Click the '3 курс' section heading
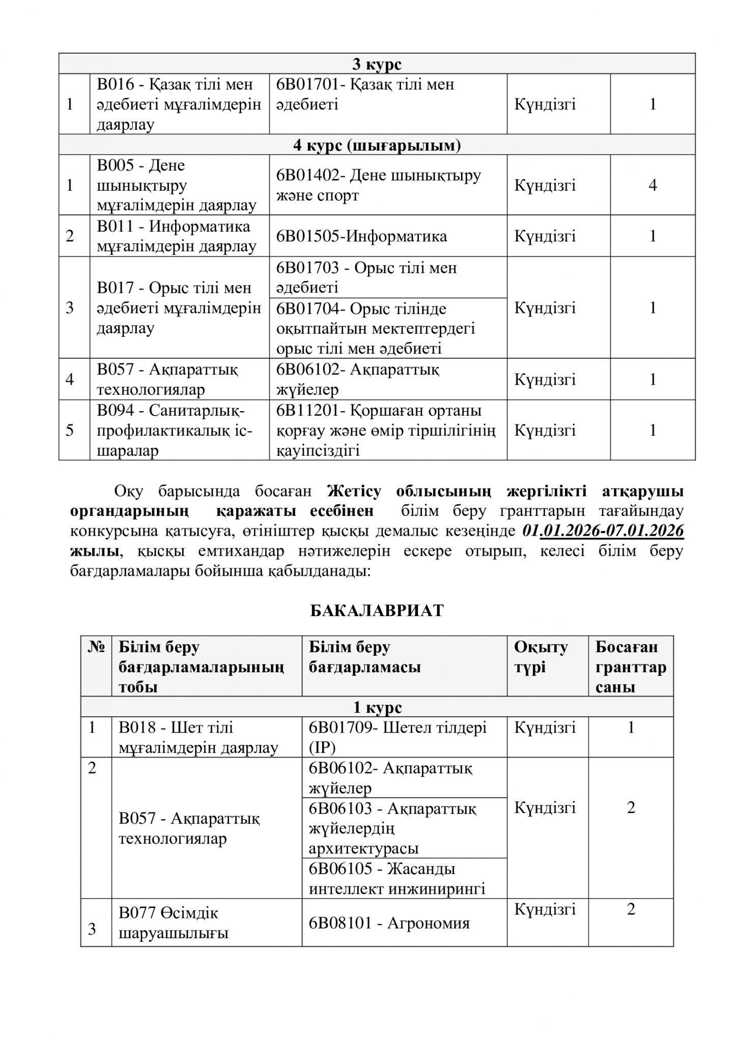(377, 64)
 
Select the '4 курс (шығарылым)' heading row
(377, 146)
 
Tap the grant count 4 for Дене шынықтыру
(653, 185)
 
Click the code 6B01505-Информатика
(361, 236)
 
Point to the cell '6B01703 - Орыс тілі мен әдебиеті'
(366, 277)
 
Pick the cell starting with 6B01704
(376, 328)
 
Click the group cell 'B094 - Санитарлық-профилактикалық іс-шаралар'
(174, 430)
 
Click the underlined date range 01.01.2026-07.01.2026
(603, 531)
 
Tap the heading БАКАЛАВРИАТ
(377, 611)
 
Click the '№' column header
(96, 647)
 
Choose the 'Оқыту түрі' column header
(541, 657)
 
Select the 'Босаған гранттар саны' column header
(631, 667)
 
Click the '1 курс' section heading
(377, 707)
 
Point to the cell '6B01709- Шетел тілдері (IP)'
(398, 737)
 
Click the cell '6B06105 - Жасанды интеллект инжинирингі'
(397, 878)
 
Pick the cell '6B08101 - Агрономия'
(389, 923)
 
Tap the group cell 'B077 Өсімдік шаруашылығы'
(173, 923)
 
